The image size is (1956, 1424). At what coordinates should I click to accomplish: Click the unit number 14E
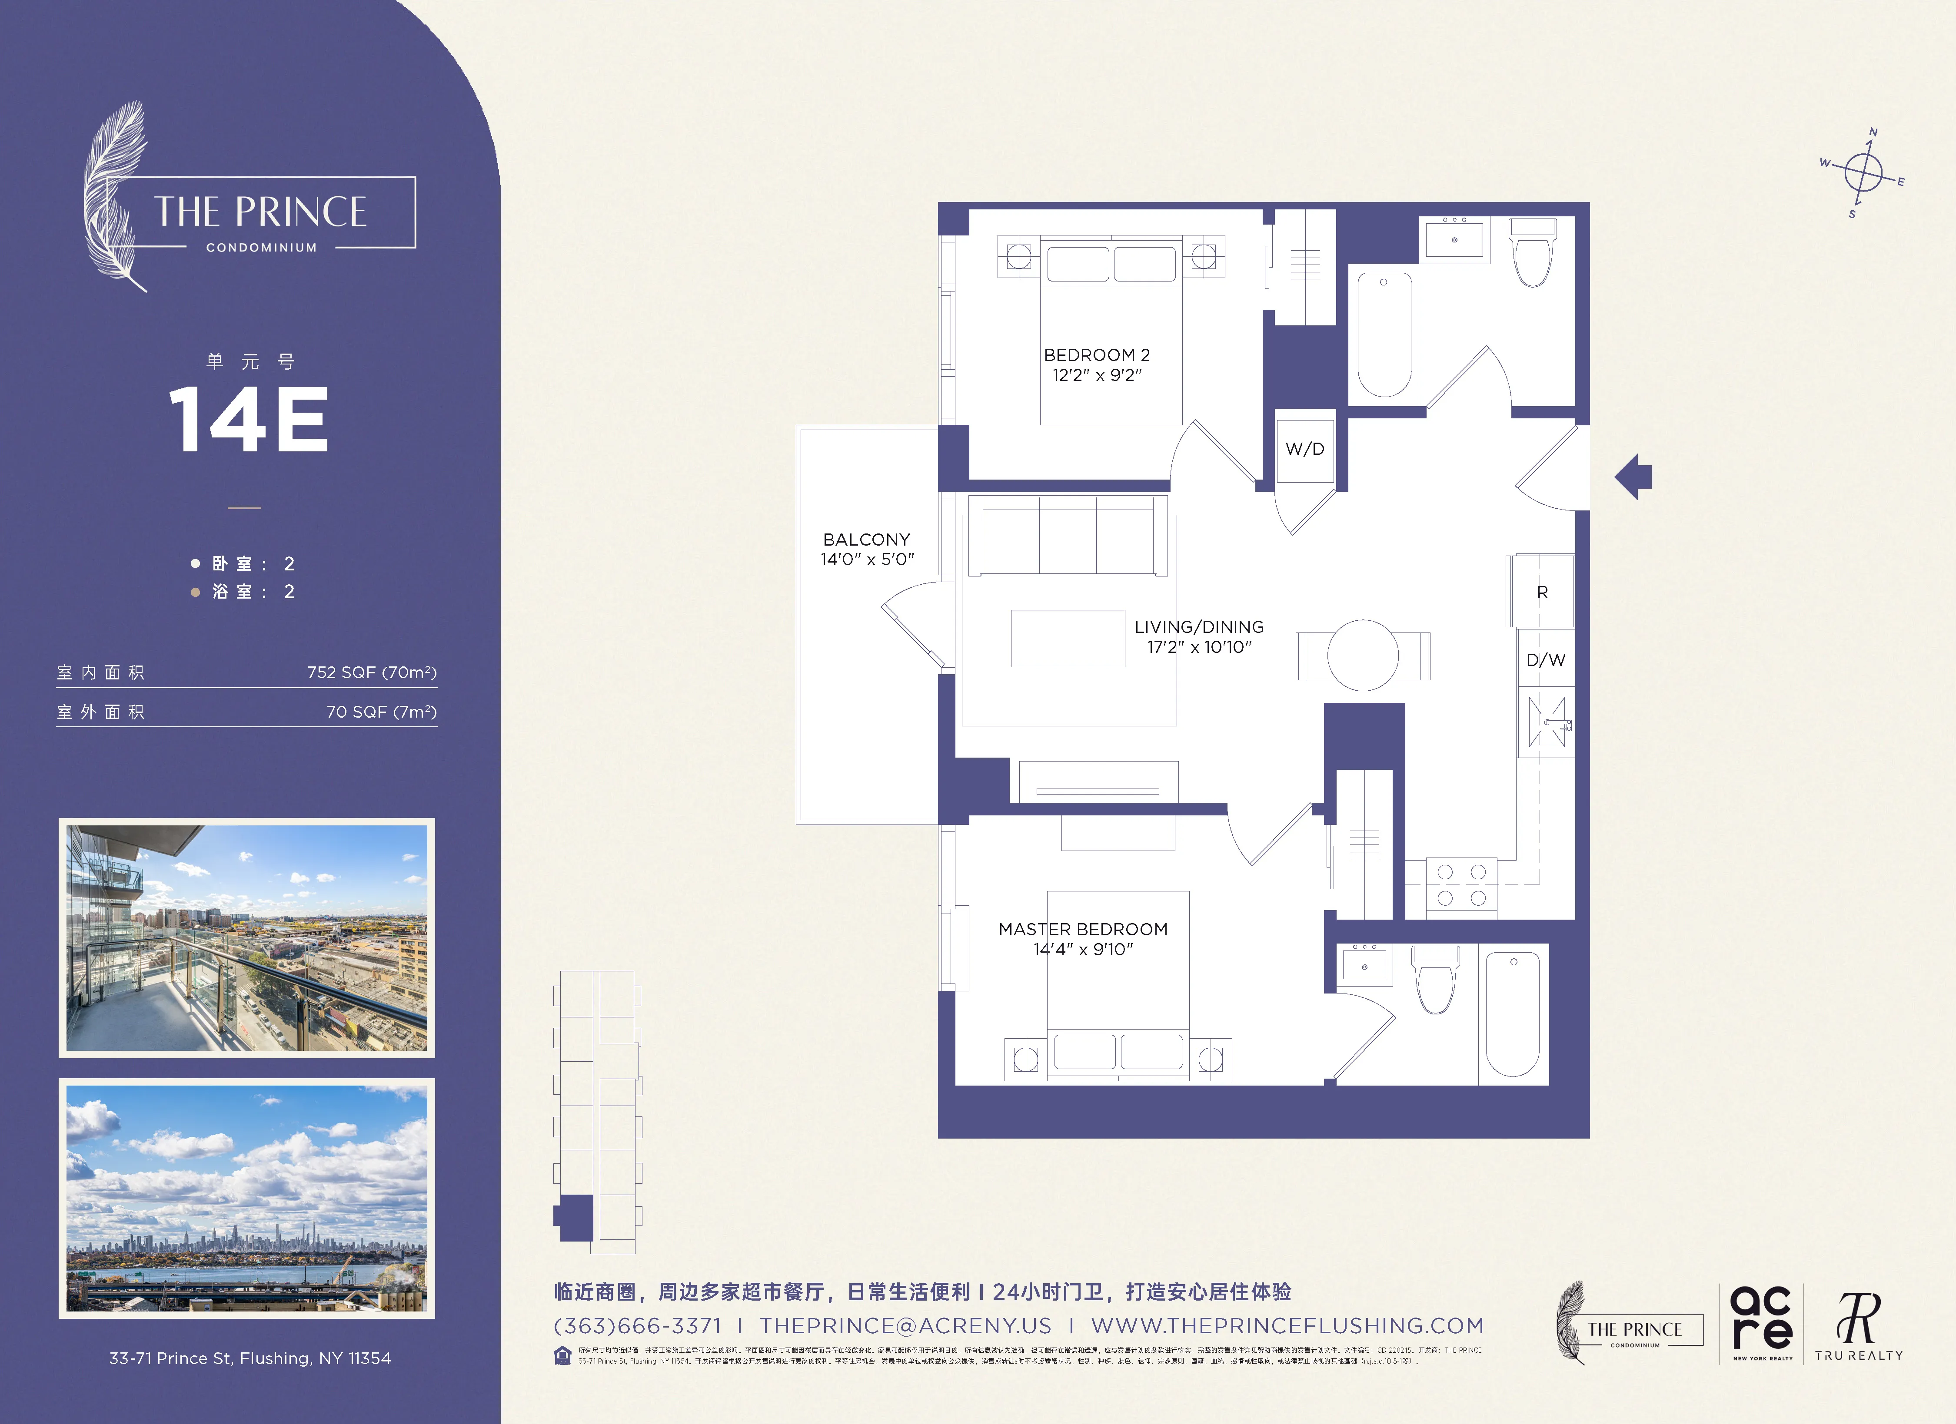(x=249, y=420)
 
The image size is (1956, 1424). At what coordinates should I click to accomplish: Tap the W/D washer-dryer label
(x=1304, y=449)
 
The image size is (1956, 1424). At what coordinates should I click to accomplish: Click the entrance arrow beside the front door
(x=1633, y=477)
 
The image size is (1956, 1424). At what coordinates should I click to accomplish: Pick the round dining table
(x=1363, y=655)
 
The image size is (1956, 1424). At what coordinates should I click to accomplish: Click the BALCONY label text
(x=866, y=540)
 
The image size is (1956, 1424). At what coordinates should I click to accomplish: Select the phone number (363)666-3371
(x=637, y=1326)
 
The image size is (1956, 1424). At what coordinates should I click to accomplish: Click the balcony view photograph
(x=246, y=938)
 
